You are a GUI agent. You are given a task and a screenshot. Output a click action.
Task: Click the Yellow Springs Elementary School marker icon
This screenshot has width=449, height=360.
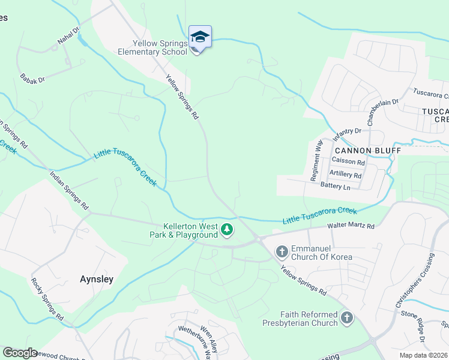tap(200, 38)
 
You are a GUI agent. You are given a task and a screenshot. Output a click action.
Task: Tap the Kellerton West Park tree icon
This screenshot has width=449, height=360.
tap(227, 229)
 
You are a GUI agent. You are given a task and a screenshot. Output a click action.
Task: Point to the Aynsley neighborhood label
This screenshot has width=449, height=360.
tap(97, 279)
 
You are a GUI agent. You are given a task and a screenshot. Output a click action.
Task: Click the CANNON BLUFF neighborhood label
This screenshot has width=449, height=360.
tap(358, 150)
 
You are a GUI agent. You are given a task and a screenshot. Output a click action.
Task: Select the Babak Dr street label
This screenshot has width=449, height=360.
tap(32, 79)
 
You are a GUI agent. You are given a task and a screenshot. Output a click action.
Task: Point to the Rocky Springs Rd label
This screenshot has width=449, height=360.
tap(46, 298)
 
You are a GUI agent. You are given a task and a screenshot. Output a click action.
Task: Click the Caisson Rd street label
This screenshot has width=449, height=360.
tap(348, 162)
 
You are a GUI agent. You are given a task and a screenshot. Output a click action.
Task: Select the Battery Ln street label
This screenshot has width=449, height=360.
tap(335, 187)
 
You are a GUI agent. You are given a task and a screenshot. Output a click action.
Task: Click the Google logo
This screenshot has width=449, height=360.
tap(19, 352)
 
